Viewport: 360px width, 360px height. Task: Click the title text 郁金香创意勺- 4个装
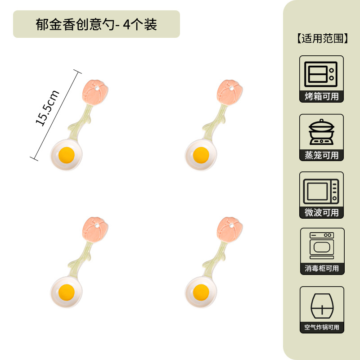[x=96, y=24]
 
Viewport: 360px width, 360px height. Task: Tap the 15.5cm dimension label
[x=48, y=108]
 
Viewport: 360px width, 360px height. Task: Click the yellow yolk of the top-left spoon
[x=66, y=155]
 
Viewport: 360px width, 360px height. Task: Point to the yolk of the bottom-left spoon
[x=66, y=292]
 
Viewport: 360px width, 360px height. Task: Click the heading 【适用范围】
[x=322, y=38]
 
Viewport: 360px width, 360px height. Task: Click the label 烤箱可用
[x=321, y=96]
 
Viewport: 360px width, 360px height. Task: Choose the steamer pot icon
[x=321, y=131]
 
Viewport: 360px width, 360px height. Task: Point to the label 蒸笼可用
[x=321, y=155]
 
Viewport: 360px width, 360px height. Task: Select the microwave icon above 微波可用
[x=321, y=189]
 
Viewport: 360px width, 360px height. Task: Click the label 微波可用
[x=321, y=212]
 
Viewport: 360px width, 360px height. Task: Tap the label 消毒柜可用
[x=321, y=269]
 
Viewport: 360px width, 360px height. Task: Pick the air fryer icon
[x=321, y=304]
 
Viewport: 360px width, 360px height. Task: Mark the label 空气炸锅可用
[x=321, y=328]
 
